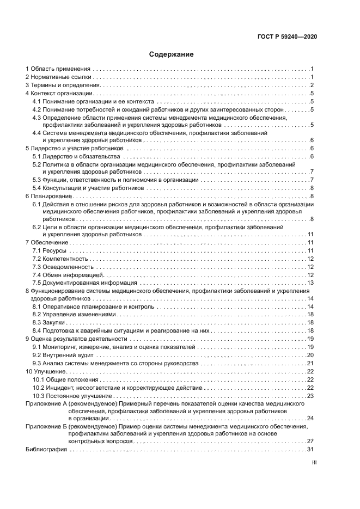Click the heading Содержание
tap(172, 54)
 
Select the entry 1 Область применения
tap(58, 69)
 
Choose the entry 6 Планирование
tap(49, 196)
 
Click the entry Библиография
tap(46, 450)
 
